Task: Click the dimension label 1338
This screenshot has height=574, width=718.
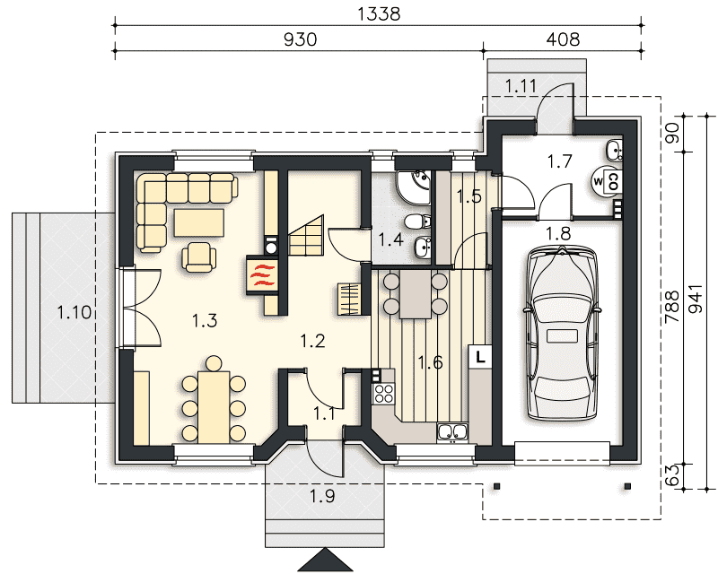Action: click(378, 13)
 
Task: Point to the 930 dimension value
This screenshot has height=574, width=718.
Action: click(301, 39)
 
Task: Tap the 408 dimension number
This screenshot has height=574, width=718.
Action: click(563, 39)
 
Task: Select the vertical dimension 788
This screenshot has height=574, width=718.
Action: click(672, 307)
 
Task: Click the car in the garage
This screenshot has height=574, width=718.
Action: click(563, 333)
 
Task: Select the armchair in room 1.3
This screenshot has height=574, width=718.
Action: click(199, 257)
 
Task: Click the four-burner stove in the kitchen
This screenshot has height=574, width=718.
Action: click(384, 393)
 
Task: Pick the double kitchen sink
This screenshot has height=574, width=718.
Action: click(452, 432)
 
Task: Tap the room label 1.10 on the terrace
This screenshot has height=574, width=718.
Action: click(74, 313)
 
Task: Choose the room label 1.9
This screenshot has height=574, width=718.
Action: click(322, 496)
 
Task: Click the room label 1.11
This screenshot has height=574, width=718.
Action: click(521, 85)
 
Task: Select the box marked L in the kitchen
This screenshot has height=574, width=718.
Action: click(480, 357)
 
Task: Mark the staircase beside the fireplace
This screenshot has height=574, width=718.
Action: click(306, 236)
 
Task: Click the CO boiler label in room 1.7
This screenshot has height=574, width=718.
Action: click(614, 181)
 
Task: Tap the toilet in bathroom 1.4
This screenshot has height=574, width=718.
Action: click(417, 222)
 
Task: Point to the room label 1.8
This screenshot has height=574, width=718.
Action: click(559, 233)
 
